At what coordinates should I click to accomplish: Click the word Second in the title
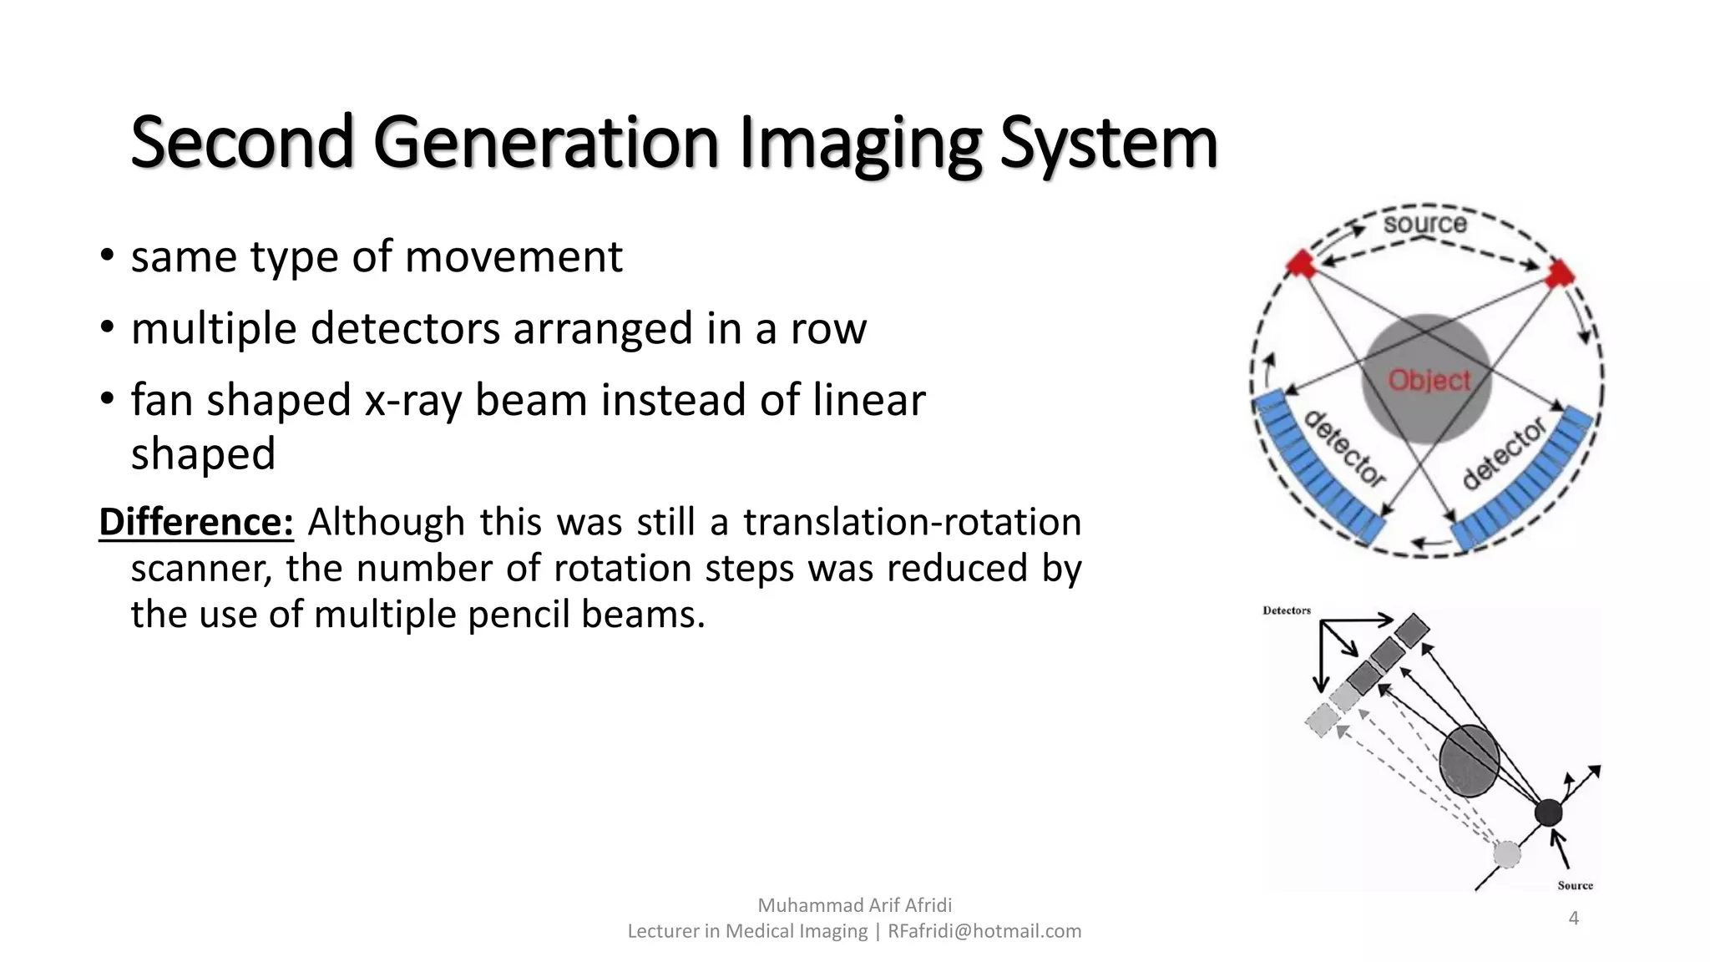[242, 142]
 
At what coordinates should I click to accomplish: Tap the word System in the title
[1108, 144]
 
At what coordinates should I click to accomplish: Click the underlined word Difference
[195, 522]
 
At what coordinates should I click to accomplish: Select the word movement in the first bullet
[513, 256]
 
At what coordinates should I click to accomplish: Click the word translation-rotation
[912, 522]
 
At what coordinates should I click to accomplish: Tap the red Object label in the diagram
[1429, 381]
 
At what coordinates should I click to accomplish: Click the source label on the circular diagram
[1424, 223]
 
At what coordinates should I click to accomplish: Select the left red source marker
[1300, 263]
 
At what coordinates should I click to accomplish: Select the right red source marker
[1559, 273]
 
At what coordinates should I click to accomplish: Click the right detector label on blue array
[1504, 453]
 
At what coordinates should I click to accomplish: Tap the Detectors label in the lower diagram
[1286, 610]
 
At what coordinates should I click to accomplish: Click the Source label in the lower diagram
[1575, 885]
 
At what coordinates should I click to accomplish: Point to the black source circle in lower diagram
[1548, 812]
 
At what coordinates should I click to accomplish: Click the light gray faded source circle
[1506, 854]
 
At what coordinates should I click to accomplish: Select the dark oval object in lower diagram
[1469, 761]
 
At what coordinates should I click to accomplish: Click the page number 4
[1573, 919]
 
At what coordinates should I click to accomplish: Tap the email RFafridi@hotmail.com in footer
[984, 931]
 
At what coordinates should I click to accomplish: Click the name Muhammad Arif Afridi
[854, 905]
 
